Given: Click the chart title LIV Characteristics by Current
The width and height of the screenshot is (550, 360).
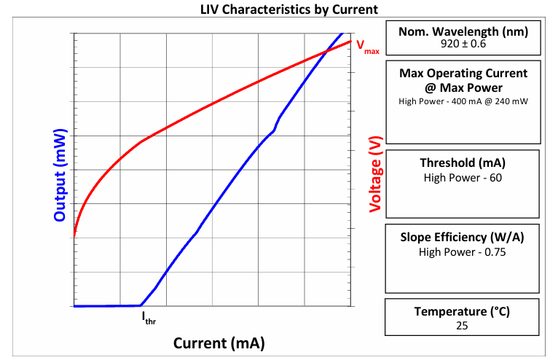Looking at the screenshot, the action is point(289,9).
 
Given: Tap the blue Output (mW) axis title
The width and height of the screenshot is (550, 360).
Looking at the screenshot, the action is point(60,176).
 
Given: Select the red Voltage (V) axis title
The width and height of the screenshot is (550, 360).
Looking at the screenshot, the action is point(375,174).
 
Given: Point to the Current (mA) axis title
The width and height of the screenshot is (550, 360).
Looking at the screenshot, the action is point(219,343).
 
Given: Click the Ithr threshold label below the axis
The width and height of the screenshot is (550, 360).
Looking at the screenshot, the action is point(149,318).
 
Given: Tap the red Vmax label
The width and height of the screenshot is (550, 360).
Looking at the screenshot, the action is point(368,47).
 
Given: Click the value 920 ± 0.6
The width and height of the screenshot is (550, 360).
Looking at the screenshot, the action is point(463,44).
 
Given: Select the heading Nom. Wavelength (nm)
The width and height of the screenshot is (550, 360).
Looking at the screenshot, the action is point(463,31).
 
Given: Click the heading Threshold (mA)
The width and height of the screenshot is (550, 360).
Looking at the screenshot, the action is point(463,163).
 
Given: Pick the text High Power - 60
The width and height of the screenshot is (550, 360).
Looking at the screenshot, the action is point(463,178).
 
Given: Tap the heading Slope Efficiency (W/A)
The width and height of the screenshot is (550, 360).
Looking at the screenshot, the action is point(463,237).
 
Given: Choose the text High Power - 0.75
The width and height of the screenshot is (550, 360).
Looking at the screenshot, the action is point(463,252).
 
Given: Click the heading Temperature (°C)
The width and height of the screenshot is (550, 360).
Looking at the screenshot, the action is point(462,312).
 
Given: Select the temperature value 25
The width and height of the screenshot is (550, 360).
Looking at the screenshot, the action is point(462,326).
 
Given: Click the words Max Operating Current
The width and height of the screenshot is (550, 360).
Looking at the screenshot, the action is point(463,74).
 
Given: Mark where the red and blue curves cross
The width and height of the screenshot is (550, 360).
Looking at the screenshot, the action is point(326,52).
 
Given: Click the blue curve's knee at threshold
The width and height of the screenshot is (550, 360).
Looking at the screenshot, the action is point(141,305).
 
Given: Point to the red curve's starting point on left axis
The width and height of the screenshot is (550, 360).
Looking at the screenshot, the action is point(74,236).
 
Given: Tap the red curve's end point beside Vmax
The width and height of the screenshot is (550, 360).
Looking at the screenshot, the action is point(350,42).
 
